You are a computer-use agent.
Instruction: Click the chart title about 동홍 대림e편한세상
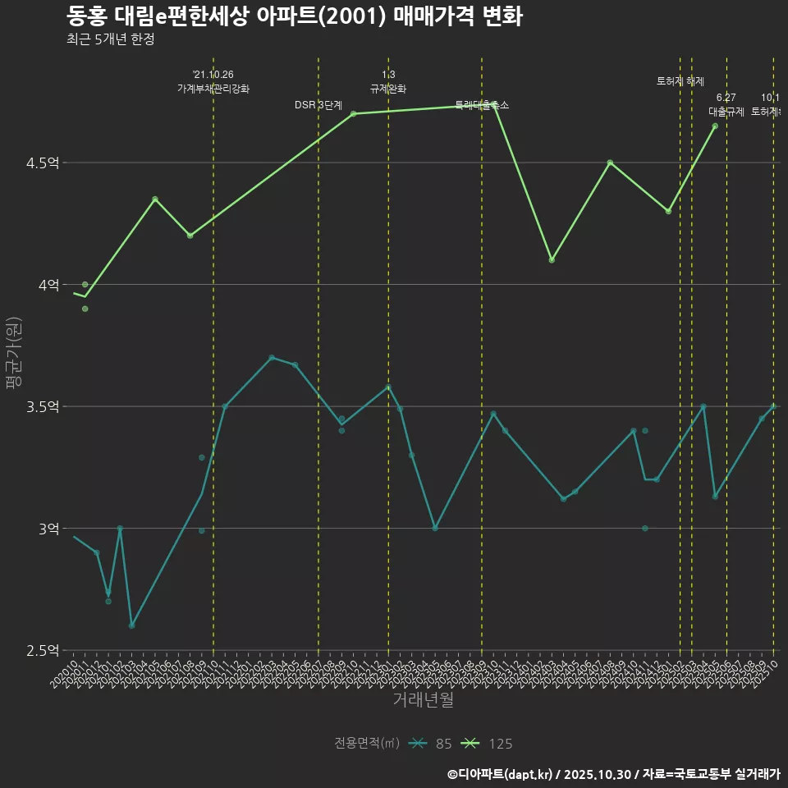point(294,16)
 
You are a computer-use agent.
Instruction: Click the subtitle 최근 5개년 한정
point(110,39)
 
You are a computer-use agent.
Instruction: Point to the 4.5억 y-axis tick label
point(43,163)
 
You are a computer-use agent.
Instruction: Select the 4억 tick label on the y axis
point(48,285)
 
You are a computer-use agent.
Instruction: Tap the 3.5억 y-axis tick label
point(43,407)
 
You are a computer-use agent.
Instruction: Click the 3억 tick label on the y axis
point(48,529)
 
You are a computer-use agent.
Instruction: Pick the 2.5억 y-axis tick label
point(43,651)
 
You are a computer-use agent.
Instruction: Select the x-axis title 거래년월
point(423,700)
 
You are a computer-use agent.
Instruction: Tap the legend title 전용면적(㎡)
point(367,744)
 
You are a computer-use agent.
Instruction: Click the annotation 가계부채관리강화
point(213,89)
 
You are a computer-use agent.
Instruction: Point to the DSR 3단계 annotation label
point(318,105)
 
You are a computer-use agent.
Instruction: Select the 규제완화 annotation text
point(388,89)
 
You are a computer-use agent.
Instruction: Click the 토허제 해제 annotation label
point(680,81)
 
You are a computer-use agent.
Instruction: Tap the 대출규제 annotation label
point(726,112)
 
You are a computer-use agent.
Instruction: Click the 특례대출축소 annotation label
point(482,105)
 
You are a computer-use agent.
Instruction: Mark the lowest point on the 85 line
point(131,625)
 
